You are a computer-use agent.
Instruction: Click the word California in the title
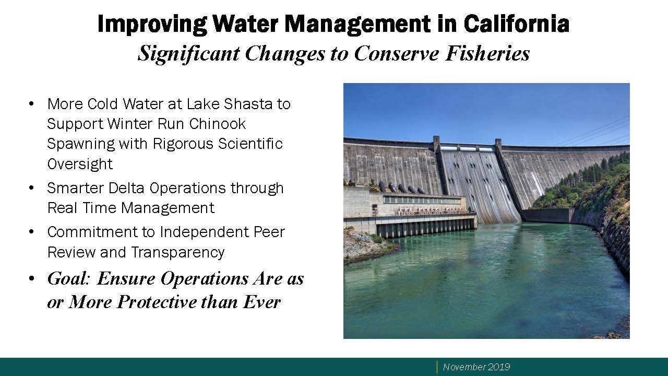click(x=516, y=23)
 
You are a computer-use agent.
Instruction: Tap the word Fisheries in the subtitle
click(x=487, y=54)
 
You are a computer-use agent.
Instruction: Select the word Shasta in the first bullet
click(x=248, y=104)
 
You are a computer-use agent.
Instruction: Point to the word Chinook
click(x=218, y=124)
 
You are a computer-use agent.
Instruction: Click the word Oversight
click(x=80, y=164)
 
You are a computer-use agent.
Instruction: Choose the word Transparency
click(x=177, y=252)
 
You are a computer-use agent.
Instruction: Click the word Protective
click(x=157, y=302)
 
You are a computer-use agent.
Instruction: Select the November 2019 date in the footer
click(x=476, y=367)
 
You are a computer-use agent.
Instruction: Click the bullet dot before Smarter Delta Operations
click(x=31, y=188)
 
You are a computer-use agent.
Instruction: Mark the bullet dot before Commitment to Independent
click(x=31, y=232)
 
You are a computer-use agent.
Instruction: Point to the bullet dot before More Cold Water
click(x=31, y=104)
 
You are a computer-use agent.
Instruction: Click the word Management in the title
click(x=357, y=25)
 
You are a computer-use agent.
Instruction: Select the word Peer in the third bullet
click(x=269, y=232)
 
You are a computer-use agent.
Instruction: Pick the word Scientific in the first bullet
click(x=250, y=144)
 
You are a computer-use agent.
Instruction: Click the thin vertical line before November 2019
click(x=437, y=367)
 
